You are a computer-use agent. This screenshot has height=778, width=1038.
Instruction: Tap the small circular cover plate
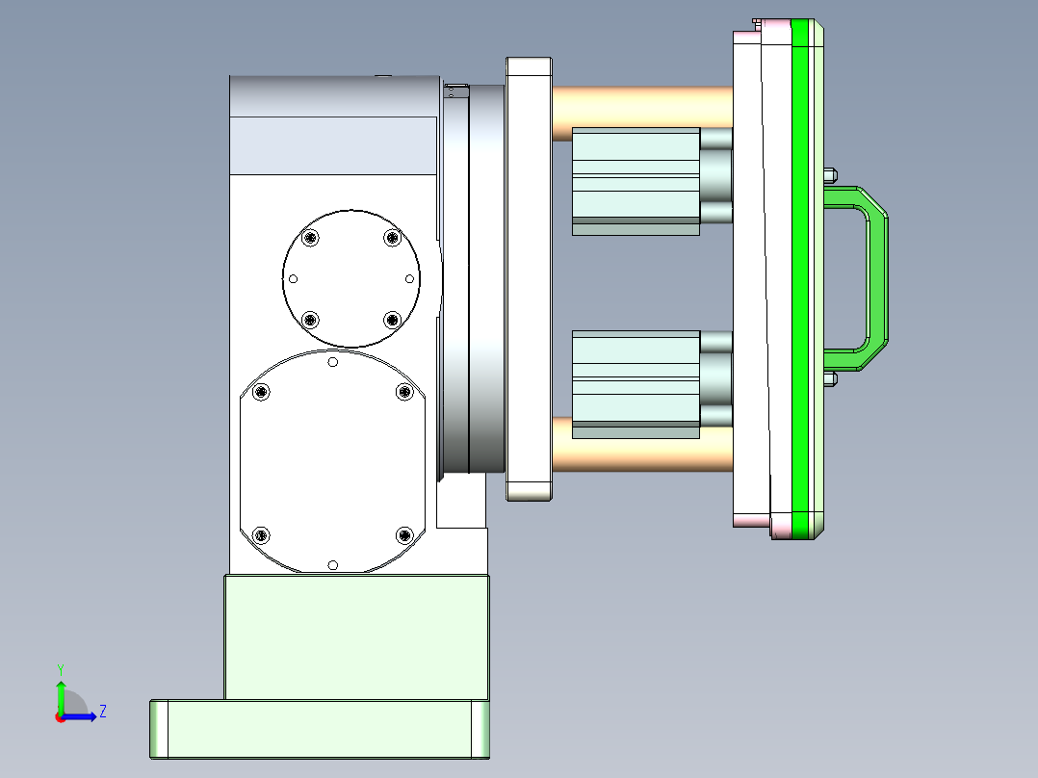point(351,278)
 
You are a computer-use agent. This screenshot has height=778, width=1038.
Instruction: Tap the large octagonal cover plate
point(332,462)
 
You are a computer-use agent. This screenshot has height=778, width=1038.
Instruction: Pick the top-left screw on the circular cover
point(309,238)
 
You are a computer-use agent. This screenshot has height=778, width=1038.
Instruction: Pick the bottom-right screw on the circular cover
point(392,319)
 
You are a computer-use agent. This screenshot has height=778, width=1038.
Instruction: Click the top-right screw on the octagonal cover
point(404,391)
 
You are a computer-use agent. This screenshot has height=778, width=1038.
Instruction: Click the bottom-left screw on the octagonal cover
point(260,534)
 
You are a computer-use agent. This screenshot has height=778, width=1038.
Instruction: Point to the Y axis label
point(60,667)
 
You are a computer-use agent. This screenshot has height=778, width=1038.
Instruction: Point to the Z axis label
point(102,712)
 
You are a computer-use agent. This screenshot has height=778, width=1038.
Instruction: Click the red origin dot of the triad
point(60,717)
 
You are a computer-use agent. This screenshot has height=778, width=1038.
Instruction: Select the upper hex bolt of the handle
point(831,175)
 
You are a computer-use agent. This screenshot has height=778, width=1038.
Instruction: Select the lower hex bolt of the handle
point(831,378)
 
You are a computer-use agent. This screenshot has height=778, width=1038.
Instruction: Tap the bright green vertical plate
point(800,279)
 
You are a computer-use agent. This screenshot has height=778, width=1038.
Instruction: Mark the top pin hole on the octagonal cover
point(332,362)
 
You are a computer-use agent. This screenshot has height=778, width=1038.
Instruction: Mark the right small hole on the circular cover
point(409,278)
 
